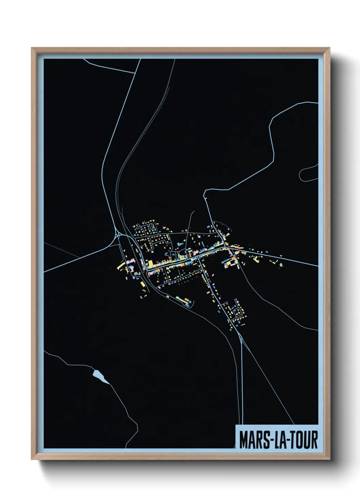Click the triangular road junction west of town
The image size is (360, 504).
click(x=118, y=235)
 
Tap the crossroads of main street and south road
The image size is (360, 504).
click(x=199, y=258)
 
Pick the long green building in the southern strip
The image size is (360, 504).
click(x=180, y=299)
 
